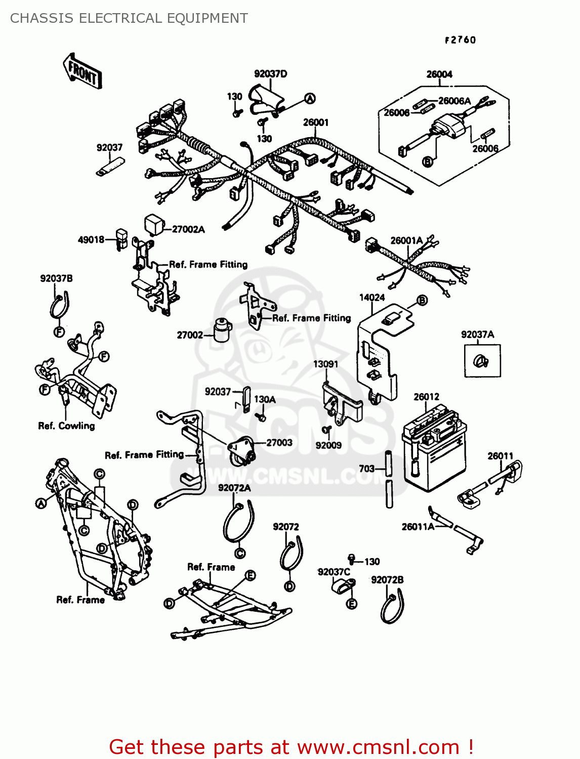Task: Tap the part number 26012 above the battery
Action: (426, 397)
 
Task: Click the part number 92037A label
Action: (477, 334)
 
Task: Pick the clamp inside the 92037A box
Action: (481, 361)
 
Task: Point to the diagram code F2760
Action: (460, 40)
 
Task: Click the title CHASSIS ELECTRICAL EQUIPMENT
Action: (129, 18)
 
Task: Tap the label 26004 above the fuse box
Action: (439, 74)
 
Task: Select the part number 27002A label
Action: (188, 229)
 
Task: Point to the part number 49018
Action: (91, 240)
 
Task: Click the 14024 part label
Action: (372, 298)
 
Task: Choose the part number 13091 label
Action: (325, 364)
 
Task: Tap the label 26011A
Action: (418, 527)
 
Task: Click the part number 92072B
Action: (387, 580)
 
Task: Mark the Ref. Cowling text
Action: (66, 426)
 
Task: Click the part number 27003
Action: (279, 443)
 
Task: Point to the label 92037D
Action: (270, 74)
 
